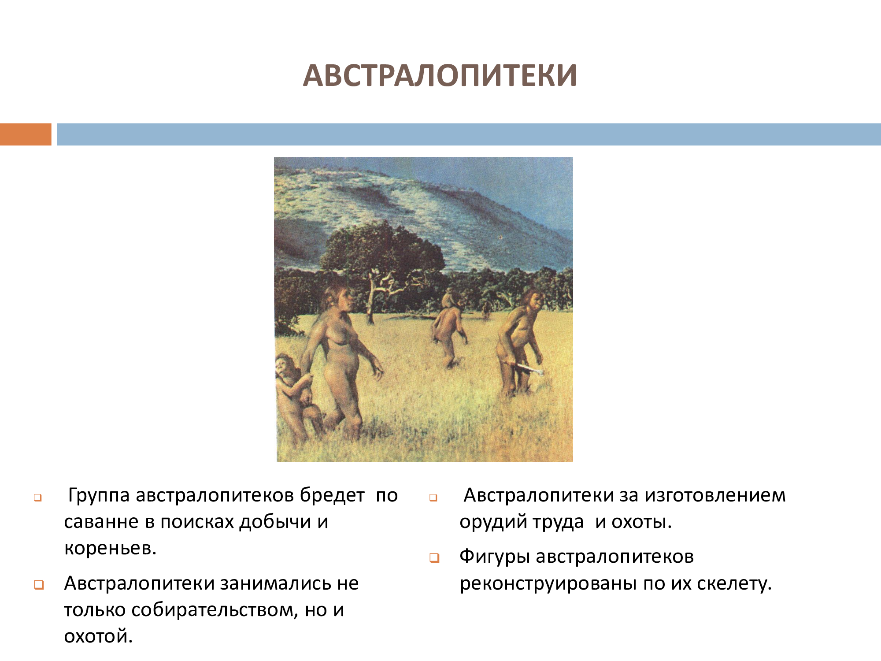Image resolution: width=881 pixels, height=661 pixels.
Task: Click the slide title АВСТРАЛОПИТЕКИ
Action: click(x=440, y=75)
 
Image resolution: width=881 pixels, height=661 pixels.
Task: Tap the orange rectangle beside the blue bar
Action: click(x=26, y=134)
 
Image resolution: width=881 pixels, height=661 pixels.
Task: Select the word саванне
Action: click(x=101, y=522)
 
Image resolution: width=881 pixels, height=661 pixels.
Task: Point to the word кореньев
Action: click(x=110, y=549)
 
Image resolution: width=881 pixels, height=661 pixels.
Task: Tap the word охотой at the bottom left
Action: click(x=98, y=637)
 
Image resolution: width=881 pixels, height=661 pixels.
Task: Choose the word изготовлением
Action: click(x=715, y=496)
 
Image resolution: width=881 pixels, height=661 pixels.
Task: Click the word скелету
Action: click(x=734, y=584)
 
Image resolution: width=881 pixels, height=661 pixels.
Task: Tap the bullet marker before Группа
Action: click(x=38, y=498)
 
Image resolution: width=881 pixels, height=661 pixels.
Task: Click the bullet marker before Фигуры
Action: click(x=434, y=558)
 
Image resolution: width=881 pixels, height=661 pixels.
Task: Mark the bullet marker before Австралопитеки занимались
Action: click(x=39, y=585)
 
